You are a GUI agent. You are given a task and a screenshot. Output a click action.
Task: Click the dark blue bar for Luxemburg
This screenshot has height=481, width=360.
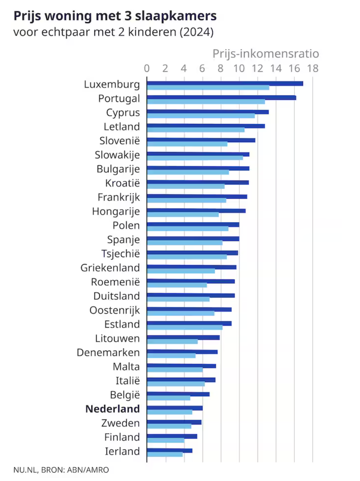[225, 84]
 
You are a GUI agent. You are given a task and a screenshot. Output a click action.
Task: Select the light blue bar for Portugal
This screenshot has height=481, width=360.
[206, 102]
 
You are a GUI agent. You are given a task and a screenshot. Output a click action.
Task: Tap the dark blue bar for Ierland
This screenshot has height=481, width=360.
[170, 451]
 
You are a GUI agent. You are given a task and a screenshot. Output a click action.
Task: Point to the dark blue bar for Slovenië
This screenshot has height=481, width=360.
[201, 140]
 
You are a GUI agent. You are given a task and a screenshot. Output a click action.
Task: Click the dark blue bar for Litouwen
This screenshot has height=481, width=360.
[183, 337]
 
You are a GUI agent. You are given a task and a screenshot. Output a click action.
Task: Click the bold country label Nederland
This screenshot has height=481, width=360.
[113, 409]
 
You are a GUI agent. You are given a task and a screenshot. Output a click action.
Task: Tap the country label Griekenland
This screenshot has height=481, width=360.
[110, 268]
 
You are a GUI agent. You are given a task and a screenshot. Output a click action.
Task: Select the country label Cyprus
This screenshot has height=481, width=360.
[123, 113]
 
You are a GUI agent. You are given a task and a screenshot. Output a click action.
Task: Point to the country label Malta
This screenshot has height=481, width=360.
[126, 367]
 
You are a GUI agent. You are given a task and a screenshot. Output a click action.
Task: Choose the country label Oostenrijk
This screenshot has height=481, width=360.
[115, 310]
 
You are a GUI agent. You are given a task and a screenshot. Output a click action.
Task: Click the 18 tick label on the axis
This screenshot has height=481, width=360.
[313, 68]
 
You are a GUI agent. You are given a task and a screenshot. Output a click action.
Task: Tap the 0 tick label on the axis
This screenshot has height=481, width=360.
[147, 68]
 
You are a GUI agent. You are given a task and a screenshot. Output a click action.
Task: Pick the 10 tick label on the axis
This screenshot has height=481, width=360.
[239, 68]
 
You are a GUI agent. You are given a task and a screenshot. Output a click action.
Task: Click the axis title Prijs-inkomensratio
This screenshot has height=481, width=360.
[266, 54]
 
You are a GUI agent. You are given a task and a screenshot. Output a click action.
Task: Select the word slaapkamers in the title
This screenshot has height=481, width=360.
[176, 16]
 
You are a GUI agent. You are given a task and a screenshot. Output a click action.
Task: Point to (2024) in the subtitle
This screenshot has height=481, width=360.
[197, 32]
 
